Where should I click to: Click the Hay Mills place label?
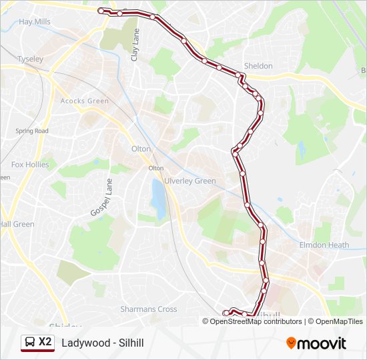click(35, 21)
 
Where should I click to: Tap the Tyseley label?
click(30, 59)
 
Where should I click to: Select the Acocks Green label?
click(84, 101)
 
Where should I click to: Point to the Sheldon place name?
click(258, 66)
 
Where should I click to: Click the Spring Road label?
click(32, 131)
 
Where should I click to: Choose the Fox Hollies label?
click(27, 164)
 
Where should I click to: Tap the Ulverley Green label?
click(195, 181)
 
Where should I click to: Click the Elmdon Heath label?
click(324, 245)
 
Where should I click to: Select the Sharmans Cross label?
click(148, 309)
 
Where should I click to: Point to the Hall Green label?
click(17, 224)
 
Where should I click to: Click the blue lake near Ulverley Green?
click(159, 198)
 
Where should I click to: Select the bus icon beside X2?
click(29, 343)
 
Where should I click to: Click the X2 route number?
click(45, 342)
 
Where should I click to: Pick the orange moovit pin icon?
click(292, 343)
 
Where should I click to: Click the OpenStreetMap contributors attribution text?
click(256, 321)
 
